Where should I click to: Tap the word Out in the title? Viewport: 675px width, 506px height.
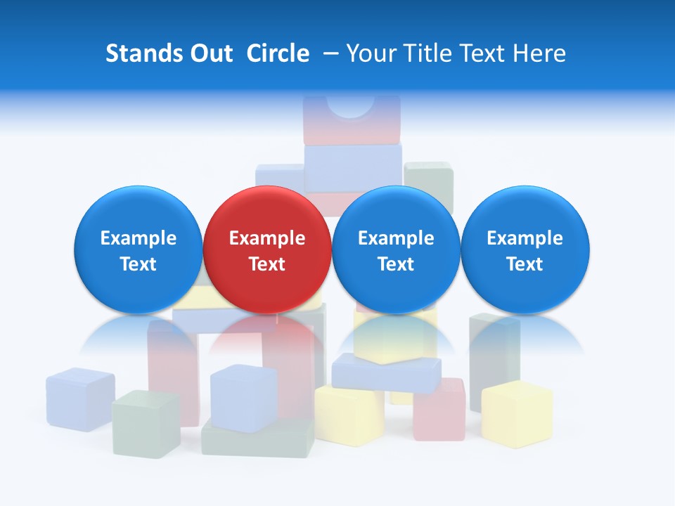(210, 53)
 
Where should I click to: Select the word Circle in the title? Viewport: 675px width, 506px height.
(278, 53)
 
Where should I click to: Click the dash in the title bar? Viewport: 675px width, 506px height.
(328, 54)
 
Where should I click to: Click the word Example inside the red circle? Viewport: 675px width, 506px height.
(266, 238)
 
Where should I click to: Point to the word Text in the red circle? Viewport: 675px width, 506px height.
(266, 264)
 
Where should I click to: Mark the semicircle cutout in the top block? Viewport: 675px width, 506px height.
(350, 105)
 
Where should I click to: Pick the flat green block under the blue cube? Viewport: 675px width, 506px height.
(259, 440)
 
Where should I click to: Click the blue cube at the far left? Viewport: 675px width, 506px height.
(80, 398)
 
